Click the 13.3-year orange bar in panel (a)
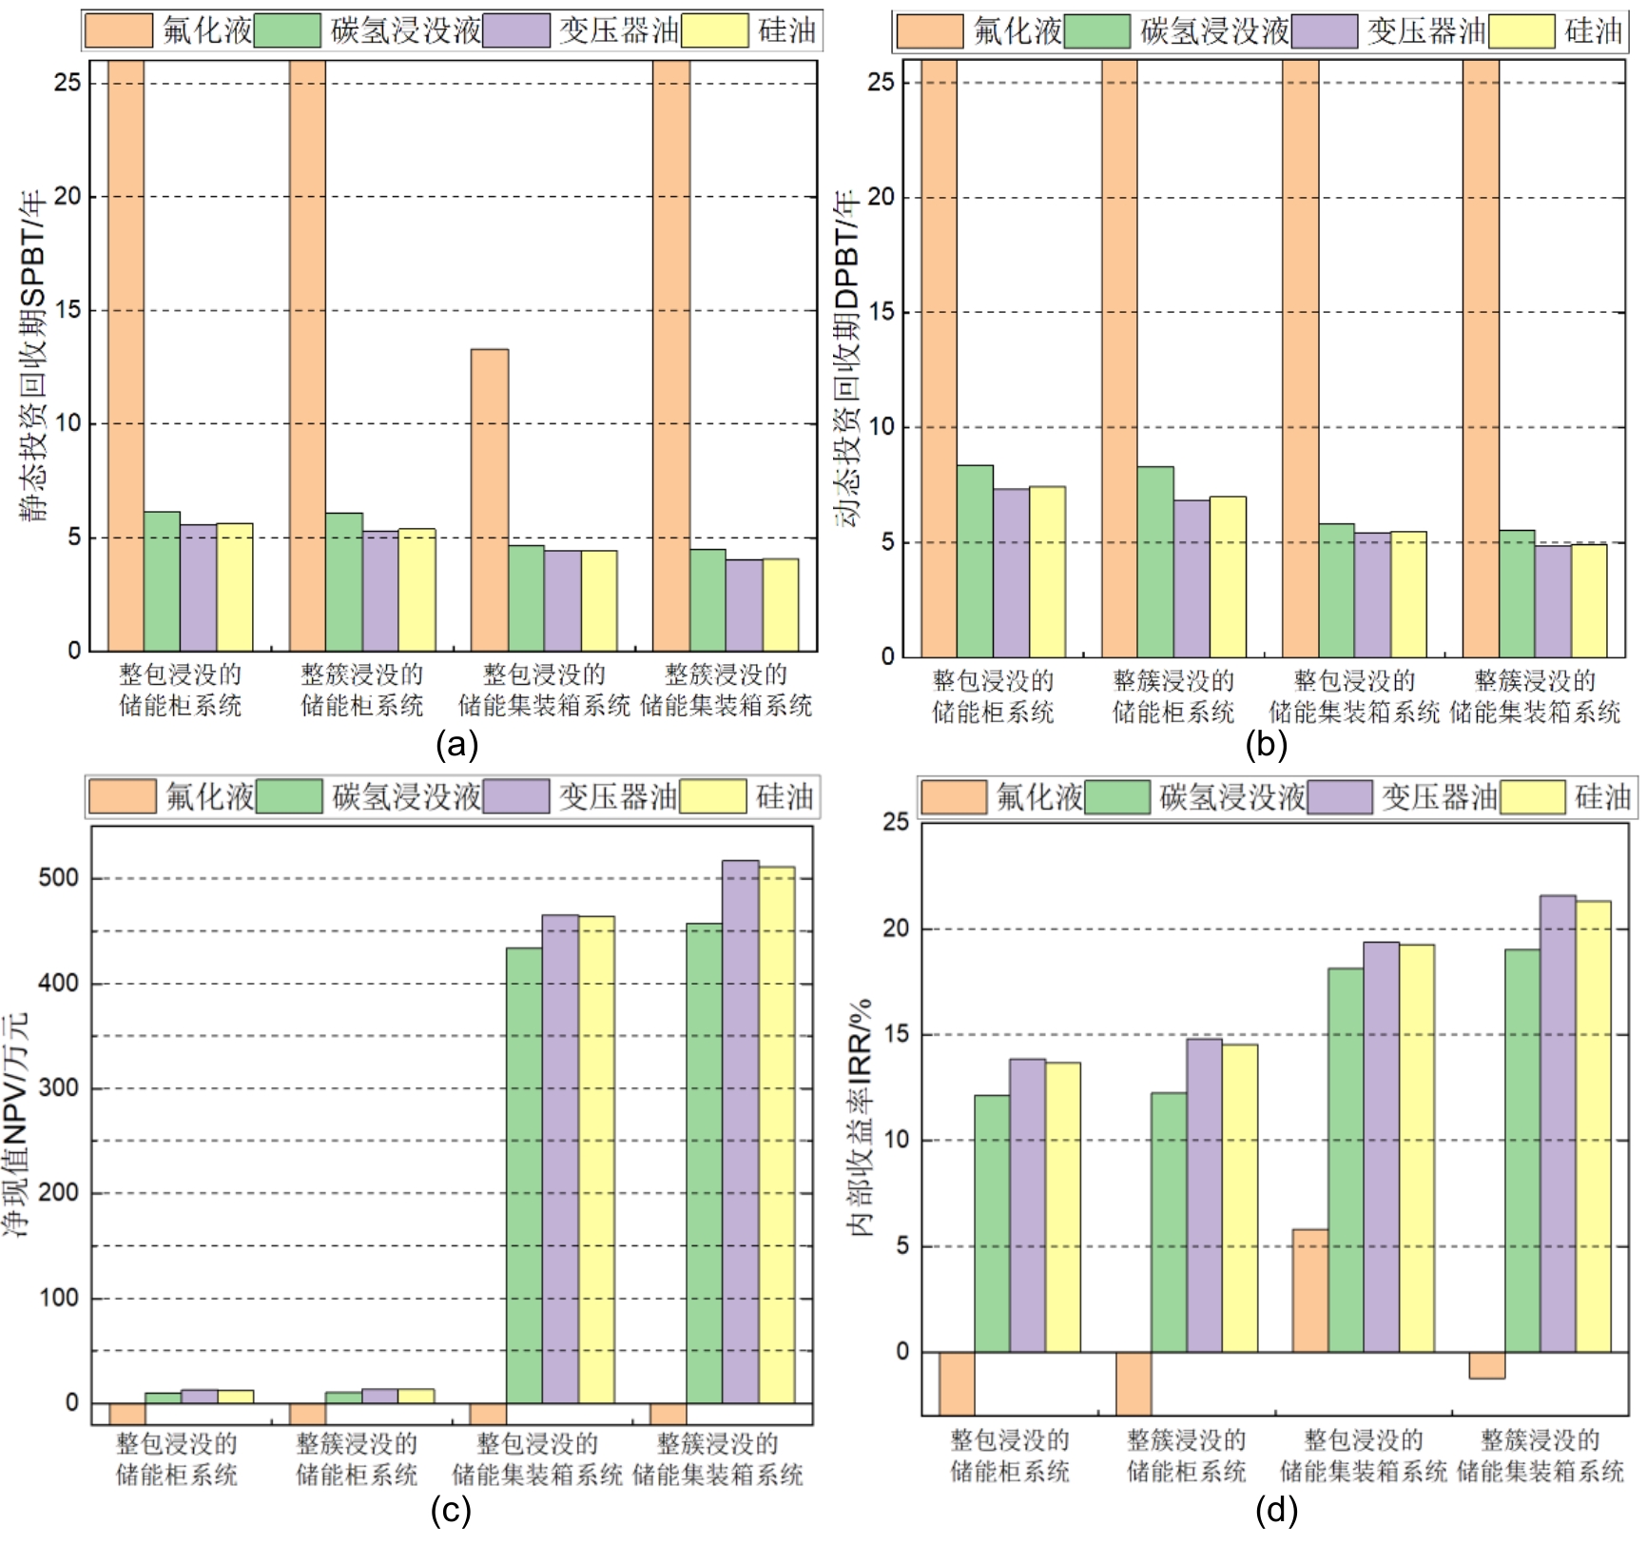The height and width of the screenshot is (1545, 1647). (x=489, y=499)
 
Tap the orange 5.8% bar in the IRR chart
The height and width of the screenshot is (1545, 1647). (x=1309, y=1290)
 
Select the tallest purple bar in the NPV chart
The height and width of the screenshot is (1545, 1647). (x=740, y=1131)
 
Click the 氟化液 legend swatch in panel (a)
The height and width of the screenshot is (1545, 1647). (x=118, y=30)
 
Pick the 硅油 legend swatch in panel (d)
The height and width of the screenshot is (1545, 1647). (x=1532, y=797)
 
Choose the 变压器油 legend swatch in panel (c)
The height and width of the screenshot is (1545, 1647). (x=515, y=796)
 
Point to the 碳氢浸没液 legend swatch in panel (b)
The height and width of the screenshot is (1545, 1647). (x=1096, y=31)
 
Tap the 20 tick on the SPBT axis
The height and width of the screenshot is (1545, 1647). (x=68, y=197)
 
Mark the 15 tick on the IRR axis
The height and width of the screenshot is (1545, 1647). (x=896, y=1034)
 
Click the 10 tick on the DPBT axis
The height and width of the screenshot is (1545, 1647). (x=881, y=427)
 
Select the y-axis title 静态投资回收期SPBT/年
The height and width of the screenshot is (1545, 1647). (x=34, y=357)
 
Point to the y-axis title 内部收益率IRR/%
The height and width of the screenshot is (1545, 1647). (x=861, y=1118)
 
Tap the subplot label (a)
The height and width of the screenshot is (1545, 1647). (x=456, y=744)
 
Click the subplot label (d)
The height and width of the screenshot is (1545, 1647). (x=1276, y=1511)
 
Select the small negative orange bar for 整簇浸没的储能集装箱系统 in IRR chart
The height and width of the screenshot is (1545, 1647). (x=1486, y=1364)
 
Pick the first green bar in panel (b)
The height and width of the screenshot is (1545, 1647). (x=975, y=560)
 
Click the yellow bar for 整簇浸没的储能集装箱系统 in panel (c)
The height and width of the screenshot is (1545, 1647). (x=776, y=1134)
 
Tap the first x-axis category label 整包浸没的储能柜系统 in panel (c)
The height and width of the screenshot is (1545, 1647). (x=177, y=1459)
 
